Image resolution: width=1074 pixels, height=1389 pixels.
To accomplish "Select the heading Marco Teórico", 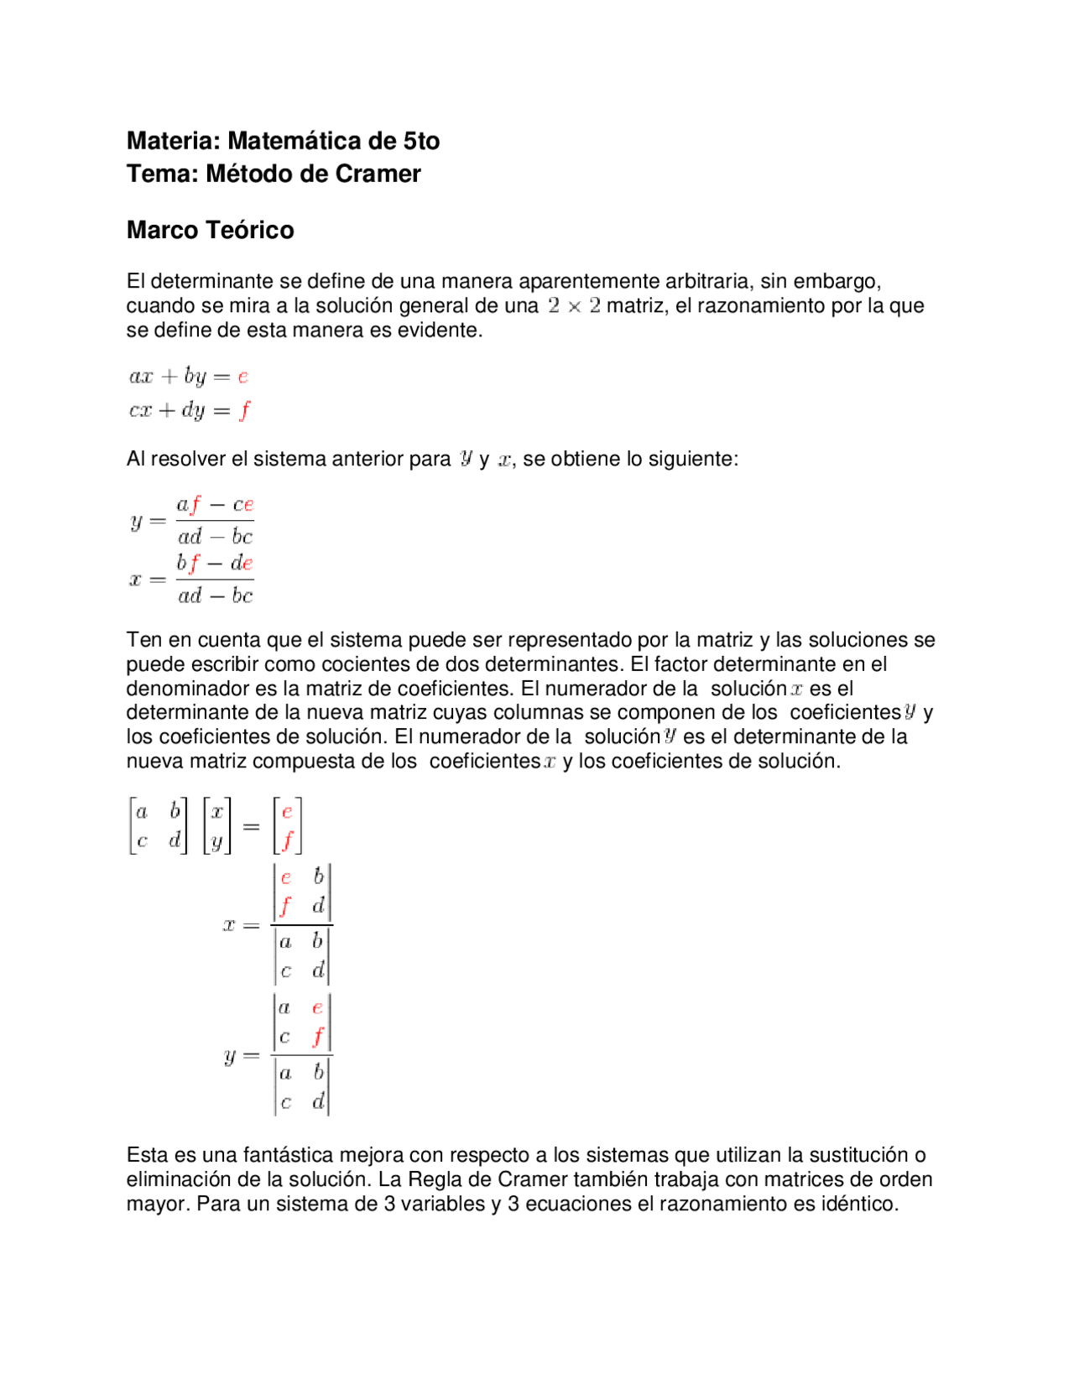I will coord(210,230).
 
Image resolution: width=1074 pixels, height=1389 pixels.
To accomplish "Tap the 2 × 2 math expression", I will coord(574,305).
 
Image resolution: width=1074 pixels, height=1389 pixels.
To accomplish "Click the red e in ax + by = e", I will coord(243,377).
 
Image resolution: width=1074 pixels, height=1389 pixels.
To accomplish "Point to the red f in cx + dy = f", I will coord(244,410).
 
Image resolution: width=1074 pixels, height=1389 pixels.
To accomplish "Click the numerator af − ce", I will coord(215,505).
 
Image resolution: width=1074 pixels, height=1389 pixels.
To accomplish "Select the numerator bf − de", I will coord(215,564).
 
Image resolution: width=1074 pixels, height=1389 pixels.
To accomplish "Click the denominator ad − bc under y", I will coord(215,537).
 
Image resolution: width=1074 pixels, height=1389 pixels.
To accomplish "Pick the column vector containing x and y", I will coord(217,825).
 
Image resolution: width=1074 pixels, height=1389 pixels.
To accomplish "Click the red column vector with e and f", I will coord(287,825).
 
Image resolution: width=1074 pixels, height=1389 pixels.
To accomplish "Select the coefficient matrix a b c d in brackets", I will coord(158,825).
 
